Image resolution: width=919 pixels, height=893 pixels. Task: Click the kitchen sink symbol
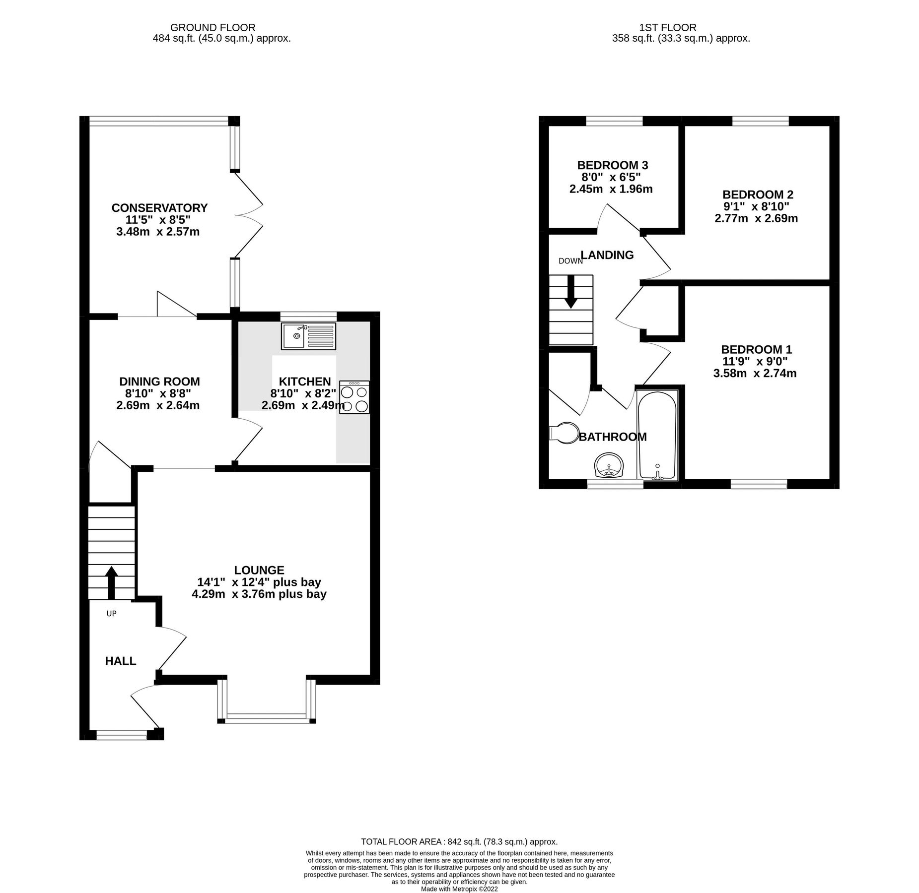point(308,336)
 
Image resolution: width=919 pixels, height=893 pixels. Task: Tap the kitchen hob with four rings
point(354,397)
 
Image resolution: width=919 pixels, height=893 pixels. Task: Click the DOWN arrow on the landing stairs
point(571,291)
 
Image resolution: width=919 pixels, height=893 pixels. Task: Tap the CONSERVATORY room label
point(159,208)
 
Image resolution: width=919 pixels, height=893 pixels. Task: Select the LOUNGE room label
point(259,570)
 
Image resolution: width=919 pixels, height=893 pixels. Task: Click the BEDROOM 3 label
point(612,165)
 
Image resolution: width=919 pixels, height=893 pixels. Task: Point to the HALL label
point(120,661)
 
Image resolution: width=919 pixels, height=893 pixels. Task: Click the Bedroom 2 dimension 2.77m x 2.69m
point(756,218)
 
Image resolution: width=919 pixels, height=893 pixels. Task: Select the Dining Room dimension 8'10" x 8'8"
point(158,393)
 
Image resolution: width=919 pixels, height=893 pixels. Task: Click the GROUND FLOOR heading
point(212,28)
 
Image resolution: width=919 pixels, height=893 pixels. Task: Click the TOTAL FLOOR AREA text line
point(459,842)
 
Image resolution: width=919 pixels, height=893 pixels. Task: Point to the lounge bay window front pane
point(266,716)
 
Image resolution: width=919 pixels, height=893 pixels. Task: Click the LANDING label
point(607,255)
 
